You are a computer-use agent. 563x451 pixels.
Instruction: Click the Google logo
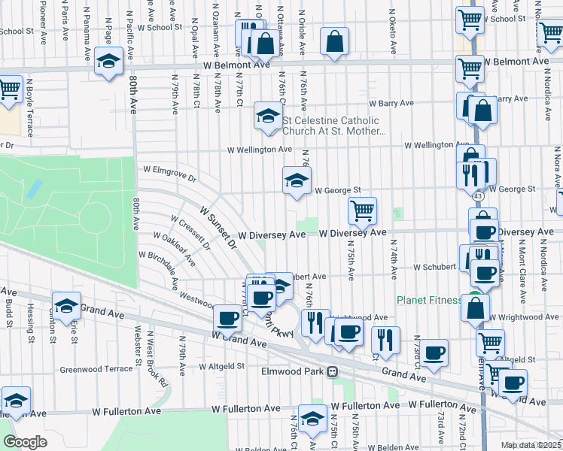tap(25, 442)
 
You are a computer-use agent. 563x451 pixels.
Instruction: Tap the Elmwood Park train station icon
tap(330, 372)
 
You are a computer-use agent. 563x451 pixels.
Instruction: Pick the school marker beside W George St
tap(297, 180)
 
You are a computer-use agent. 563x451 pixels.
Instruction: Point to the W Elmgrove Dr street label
tap(169, 174)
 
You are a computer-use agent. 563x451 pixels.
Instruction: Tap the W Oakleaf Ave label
tap(174, 249)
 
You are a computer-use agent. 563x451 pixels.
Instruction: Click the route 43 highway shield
tap(479, 195)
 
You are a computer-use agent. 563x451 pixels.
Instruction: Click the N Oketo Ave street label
tap(393, 32)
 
